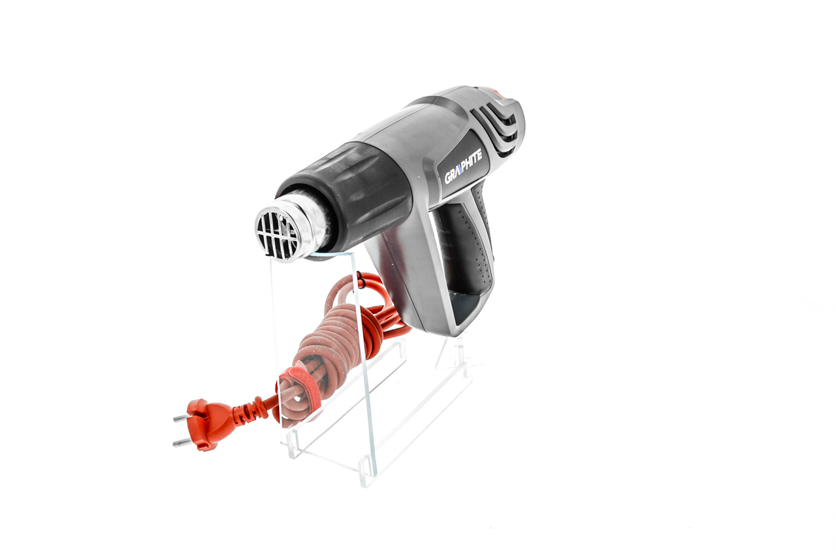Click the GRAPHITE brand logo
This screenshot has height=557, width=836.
(463, 167)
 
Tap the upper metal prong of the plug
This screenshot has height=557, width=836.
(182, 418)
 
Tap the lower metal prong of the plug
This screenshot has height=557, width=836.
(182, 442)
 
